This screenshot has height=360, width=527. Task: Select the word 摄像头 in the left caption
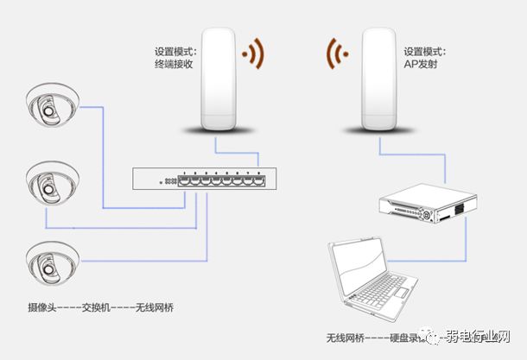click(44, 307)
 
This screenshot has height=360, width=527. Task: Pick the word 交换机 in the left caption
click(102, 307)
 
